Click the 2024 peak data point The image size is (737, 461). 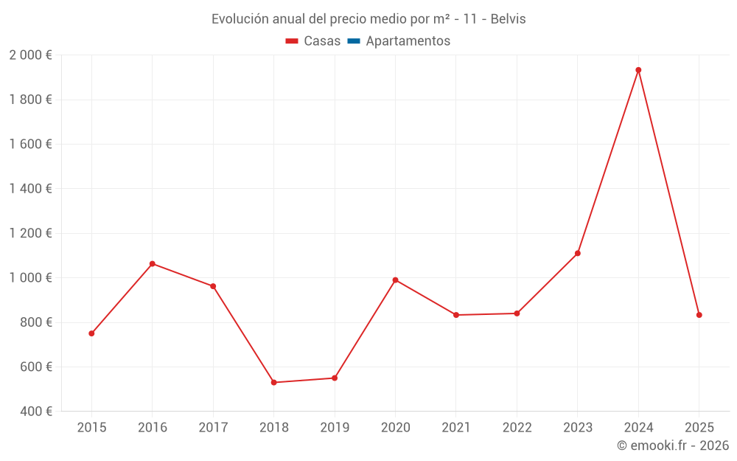click(638, 70)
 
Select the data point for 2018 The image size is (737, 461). click(273, 382)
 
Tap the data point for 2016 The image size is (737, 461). click(153, 263)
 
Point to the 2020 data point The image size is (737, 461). click(395, 280)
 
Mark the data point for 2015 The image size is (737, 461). click(91, 333)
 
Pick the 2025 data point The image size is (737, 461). click(699, 315)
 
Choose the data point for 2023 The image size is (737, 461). click(578, 253)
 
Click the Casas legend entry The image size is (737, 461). click(313, 41)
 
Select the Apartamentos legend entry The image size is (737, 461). click(398, 41)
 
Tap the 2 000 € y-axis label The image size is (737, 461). click(30, 55)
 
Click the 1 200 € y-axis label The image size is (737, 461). click(30, 233)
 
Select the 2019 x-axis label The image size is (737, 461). click(335, 428)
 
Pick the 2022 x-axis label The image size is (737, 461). click(517, 428)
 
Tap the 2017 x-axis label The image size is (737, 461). click(213, 428)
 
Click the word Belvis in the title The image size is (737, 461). click(508, 19)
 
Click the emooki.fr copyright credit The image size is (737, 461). click(673, 446)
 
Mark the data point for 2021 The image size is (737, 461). click(456, 315)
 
